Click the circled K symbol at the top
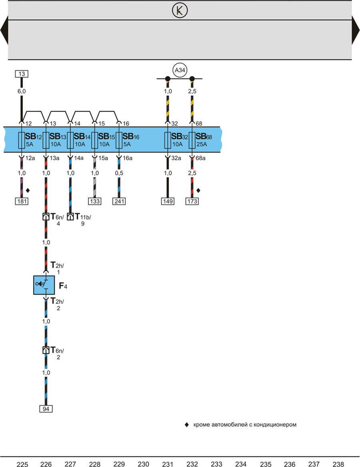pyautogui.click(x=180, y=11)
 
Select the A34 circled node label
pyautogui.click(x=180, y=71)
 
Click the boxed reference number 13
pyautogui.click(x=22, y=74)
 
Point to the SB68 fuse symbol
pyautogui.click(x=192, y=140)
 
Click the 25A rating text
pyautogui.click(x=202, y=144)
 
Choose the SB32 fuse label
pyautogui.click(x=180, y=136)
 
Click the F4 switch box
pyautogui.click(x=44, y=285)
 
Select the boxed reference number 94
pyautogui.click(x=46, y=409)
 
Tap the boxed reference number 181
pyautogui.click(x=22, y=201)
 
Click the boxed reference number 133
pyautogui.click(x=95, y=201)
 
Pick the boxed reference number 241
pyautogui.click(x=119, y=201)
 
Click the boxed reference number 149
pyautogui.click(x=168, y=201)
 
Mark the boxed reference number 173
pyautogui.click(x=192, y=201)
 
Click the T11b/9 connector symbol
pyautogui.click(x=70, y=217)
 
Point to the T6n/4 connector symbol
pyautogui.click(x=46, y=217)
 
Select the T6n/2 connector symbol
pyautogui.click(x=46, y=350)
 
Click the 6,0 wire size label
pyautogui.click(x=22, y=91)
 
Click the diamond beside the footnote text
pyautogui.click(x=186, y=425)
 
